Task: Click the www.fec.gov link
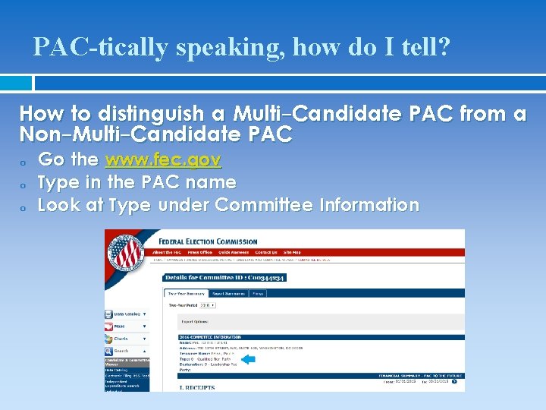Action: (x=164, y=160)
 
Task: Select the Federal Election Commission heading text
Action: (x=208, y=241)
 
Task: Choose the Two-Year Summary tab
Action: (x=185, y=293)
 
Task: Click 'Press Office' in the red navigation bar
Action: (x=200, y=252)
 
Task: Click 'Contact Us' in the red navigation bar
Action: (x=266, y=252)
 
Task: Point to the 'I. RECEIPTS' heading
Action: (x=196, y=387)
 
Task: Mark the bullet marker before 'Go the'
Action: (x=24, y=162)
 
